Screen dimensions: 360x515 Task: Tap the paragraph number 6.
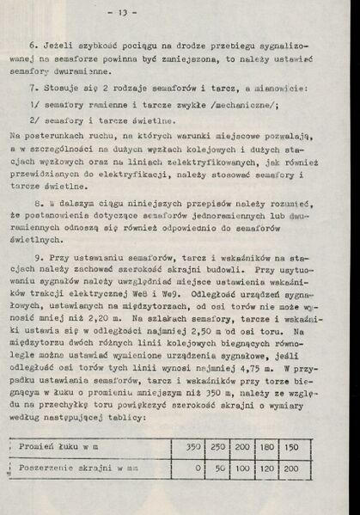point(32,41)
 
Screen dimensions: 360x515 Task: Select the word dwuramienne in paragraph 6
point(88,73)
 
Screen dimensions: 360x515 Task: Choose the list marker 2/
point(34,120)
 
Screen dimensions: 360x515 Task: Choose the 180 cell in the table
point(268,448)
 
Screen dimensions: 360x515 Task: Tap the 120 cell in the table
point(268,469)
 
